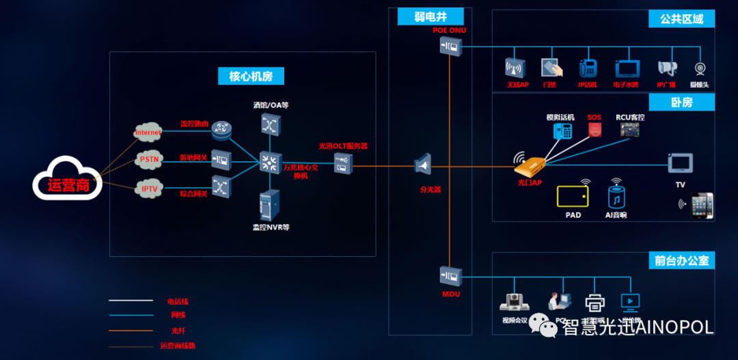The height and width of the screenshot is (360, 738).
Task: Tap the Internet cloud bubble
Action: [x=148, y=132]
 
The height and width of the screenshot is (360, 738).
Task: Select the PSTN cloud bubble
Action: [x=149, y=159]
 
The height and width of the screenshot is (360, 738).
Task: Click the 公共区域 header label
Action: [x=681, y=18]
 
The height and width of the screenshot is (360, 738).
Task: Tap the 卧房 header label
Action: [x=681, y=102]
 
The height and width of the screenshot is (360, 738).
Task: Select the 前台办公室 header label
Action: [x=681, y=260]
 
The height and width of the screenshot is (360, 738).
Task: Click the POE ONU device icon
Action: [x=450, y=46]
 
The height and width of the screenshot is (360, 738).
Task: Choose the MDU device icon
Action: [x=450, y=276]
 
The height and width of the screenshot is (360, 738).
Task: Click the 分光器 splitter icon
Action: [x=423, y=165]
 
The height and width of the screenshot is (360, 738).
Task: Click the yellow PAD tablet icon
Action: [x=573, y=196]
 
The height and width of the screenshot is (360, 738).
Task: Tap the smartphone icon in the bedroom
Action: [x=702, y=205]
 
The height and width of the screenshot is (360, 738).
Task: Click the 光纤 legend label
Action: [x=178, y=331]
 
